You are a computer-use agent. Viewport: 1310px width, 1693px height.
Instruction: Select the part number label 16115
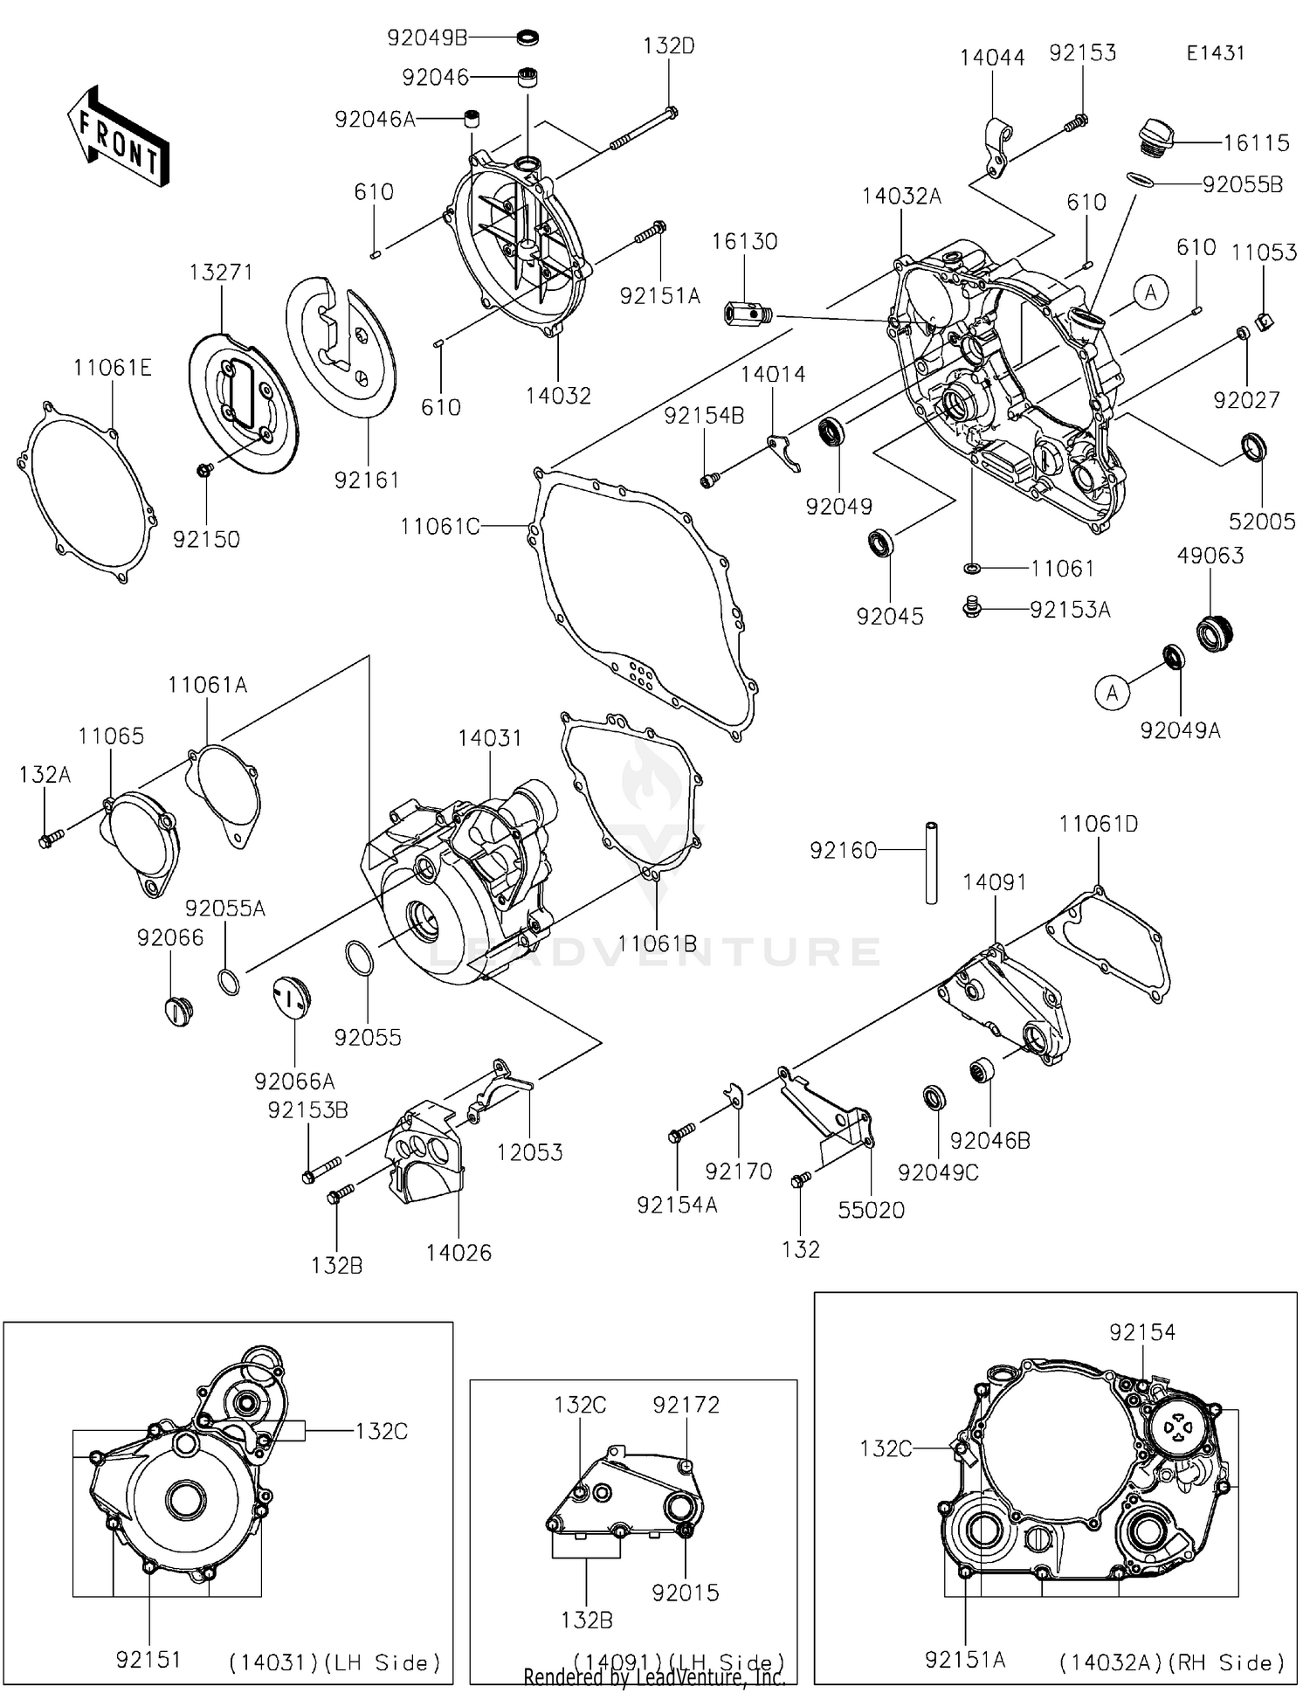tap(1256, 142)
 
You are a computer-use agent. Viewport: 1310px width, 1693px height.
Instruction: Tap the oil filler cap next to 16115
tap(1155, 141)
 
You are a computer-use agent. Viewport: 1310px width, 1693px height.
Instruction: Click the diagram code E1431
tap(1215, 52)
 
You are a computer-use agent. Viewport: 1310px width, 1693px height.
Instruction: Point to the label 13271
tap(221, 273)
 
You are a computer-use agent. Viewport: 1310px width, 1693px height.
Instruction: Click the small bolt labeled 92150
tap(204, 470)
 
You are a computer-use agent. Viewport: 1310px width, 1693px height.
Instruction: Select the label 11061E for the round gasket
tap(113, 368)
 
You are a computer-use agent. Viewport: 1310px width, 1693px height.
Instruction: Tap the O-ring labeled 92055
tap(360, 958)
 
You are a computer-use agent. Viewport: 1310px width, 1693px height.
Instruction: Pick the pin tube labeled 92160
tap(932, 862)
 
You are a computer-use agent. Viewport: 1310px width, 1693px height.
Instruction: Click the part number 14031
tap(489, 738)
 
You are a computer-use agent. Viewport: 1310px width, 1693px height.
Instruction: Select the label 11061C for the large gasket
tap(439, 527)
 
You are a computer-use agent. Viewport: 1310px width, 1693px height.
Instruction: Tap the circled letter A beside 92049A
tap(1112, 693)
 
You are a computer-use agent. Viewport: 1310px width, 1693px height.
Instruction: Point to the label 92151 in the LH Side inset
tap(148, 1660)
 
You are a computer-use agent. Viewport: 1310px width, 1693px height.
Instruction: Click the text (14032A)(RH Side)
tap(1171, 1662)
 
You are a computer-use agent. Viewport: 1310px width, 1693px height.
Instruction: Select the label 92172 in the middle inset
tap(686, 1405)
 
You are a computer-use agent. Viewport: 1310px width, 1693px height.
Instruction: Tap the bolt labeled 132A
tap(48, 840)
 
